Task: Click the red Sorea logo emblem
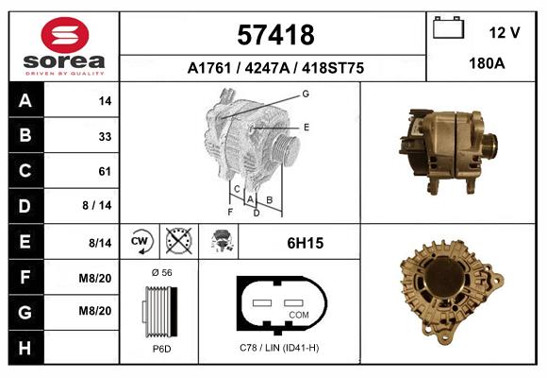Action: tap(65, 35)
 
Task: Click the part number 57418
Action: tap(275, 35)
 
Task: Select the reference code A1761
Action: tap(209, 68)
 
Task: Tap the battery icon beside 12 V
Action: tap(448, 27)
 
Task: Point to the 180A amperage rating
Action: tap(487, 63)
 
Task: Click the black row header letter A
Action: tap(25, 101)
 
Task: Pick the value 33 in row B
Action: tap(105, 136)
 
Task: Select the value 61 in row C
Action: tap(105, 171)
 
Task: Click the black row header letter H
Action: tap(25, 349)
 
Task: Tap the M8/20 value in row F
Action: tap(95, 279)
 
